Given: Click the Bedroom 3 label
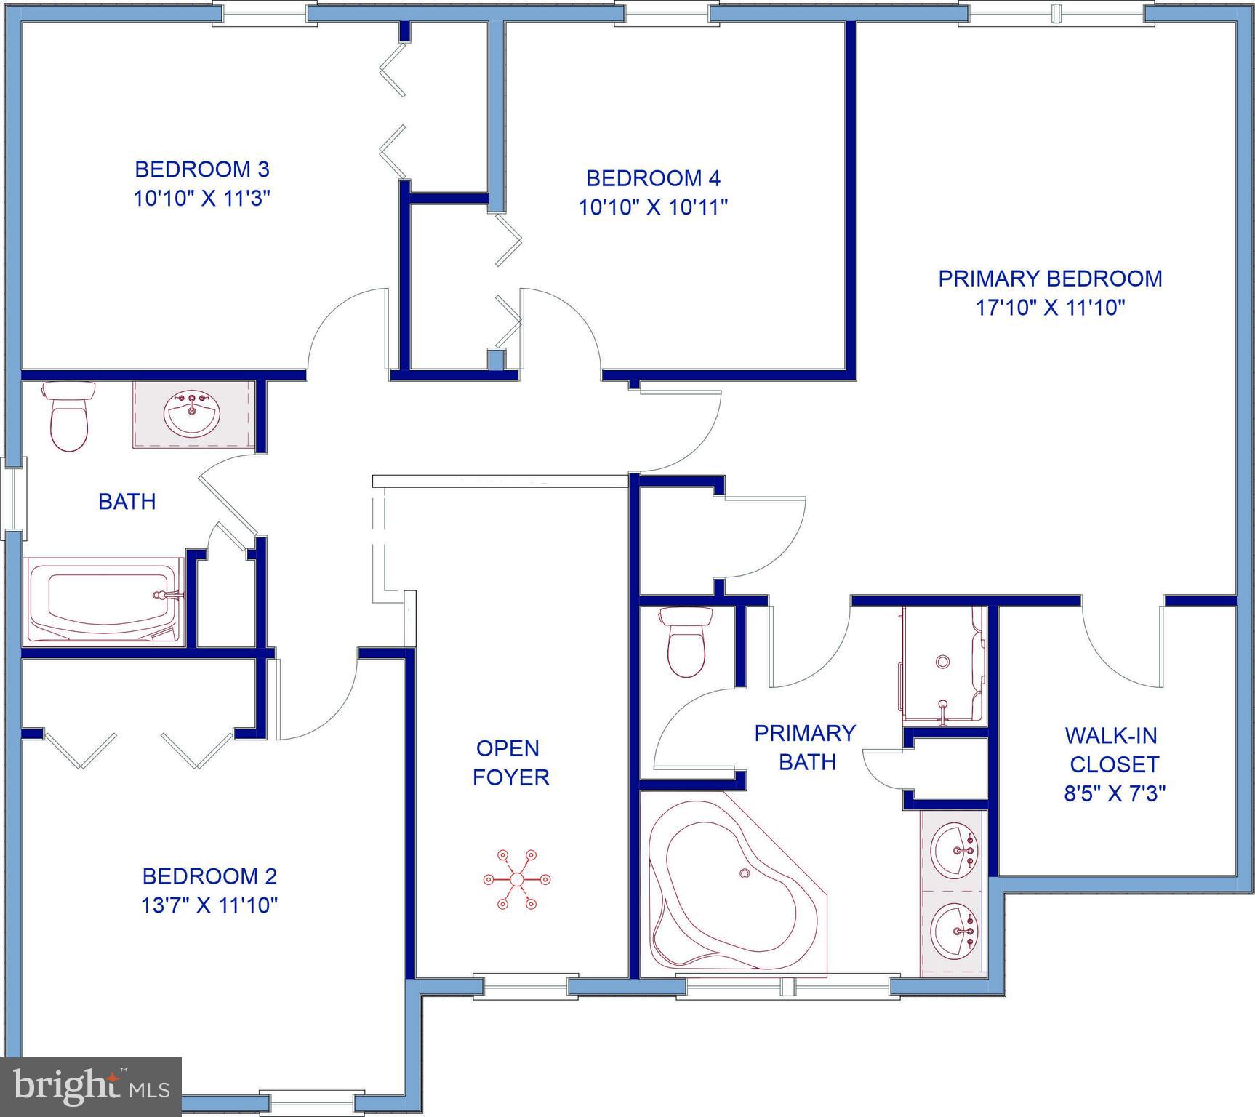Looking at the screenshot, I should [x=202, y=169].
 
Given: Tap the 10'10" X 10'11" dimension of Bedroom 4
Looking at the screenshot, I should [x=653, y=207].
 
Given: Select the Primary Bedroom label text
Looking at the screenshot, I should [x=1050, y=279].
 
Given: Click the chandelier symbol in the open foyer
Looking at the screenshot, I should [x=516, y=879].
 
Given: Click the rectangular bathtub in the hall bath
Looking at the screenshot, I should [x=104, y=600].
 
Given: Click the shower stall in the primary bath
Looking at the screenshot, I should [x=942, y=665].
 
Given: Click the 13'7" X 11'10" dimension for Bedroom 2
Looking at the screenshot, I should [x=209, y=905].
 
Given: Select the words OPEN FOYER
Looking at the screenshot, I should [x=510, y=762].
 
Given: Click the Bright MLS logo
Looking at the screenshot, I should [x=90, y=1086].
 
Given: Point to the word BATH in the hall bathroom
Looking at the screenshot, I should [x=127, y=502].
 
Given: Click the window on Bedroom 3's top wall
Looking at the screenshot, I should [x=265, y=12].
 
